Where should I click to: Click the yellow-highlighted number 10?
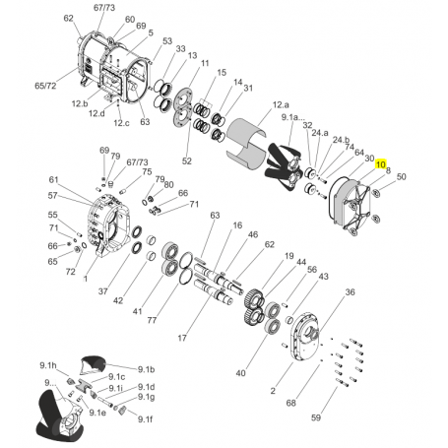[x=381, y=163]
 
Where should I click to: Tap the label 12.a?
[x=281, y=104]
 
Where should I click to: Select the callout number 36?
[x=351, y=291]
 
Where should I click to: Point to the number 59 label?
[x=316, y=417]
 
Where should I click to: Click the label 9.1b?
[x=146, y=369]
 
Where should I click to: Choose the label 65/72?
[x=45, y=86]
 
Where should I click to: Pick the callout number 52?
[x=186, y=160]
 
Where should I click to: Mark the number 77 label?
[x=152, y=320]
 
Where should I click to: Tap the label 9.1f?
[x=145, y=418]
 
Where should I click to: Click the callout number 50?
[x=401, y=176]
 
